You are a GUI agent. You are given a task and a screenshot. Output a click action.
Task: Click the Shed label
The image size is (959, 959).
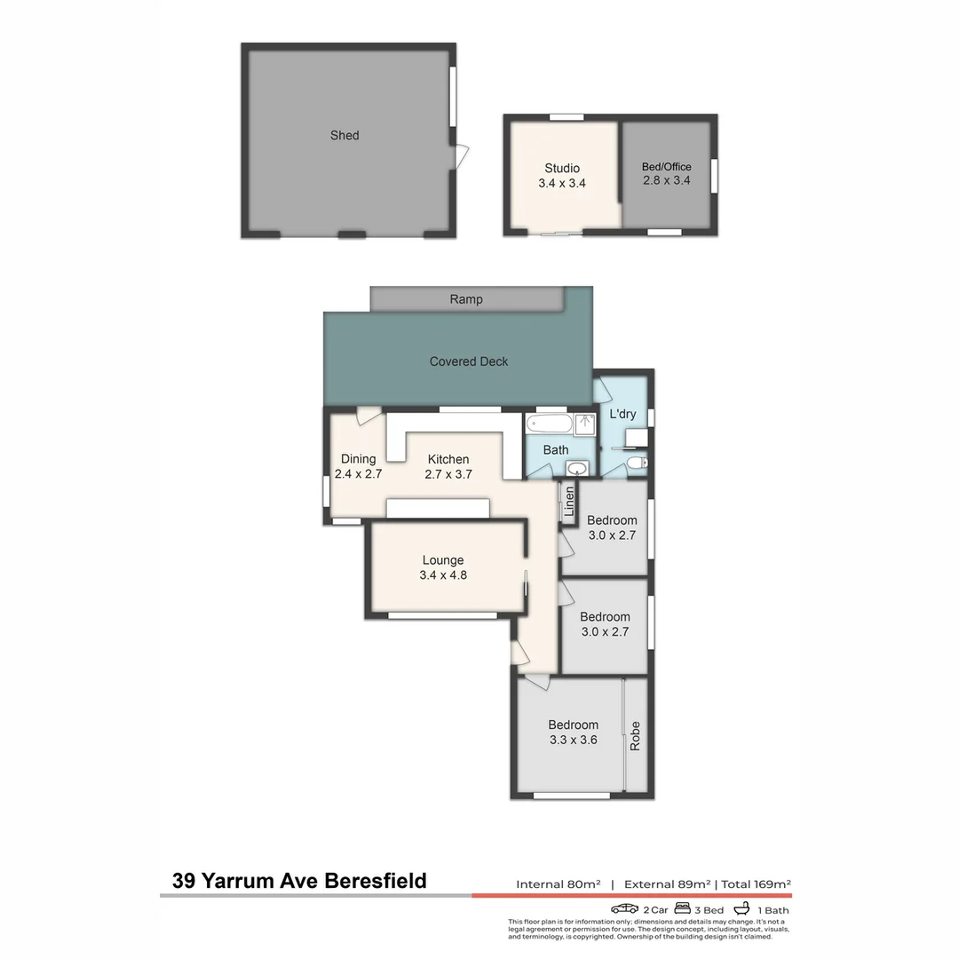[x=345, y=136]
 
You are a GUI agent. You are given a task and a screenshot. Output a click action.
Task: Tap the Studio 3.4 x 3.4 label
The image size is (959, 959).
[x=562, y=176]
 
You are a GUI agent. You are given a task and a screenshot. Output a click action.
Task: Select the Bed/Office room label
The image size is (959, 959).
[x=666, y=173]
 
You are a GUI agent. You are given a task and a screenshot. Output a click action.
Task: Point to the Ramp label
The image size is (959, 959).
[x=466, y=299]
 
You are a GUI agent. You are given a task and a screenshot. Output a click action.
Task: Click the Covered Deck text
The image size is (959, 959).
[x=469, y=361]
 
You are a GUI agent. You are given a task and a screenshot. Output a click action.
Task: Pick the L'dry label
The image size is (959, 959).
[x=622, y=415]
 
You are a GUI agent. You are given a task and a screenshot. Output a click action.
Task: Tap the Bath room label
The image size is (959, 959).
[x=556, y=450]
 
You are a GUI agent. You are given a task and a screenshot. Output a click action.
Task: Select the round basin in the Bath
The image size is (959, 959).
[x=577, y=468]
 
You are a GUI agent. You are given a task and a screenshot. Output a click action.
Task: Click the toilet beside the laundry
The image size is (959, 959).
[x=635, y=463]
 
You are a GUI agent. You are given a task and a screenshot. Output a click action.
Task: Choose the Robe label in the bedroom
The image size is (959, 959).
[x=635, y=736]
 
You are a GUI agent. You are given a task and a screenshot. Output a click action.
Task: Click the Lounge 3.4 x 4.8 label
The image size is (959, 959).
[x=443, y=567]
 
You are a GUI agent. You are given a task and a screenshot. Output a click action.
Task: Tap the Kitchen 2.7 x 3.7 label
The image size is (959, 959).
[x=448, y=466]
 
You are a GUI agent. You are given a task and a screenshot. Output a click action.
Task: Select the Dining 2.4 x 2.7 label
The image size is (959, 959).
[x=358, y=466]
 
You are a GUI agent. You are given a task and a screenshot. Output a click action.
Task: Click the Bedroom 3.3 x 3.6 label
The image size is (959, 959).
[x=573, y=732]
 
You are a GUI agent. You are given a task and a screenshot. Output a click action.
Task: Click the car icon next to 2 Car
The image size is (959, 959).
[x=625, y=908]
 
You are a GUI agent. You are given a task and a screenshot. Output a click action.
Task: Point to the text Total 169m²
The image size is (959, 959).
[x=756, y=884]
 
